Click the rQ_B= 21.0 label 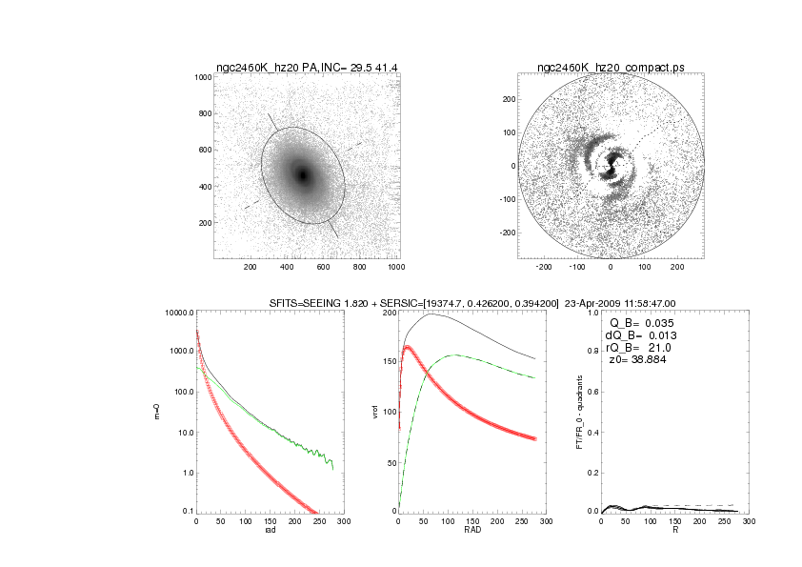click(x=635, y=348)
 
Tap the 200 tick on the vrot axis click(x=388, y=313)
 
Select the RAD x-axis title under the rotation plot click(x=471, y=532)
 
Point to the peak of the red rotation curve click(x=408, y=348)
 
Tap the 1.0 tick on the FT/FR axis click(x=592, y=313)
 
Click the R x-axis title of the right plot click(x=674, y=532)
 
